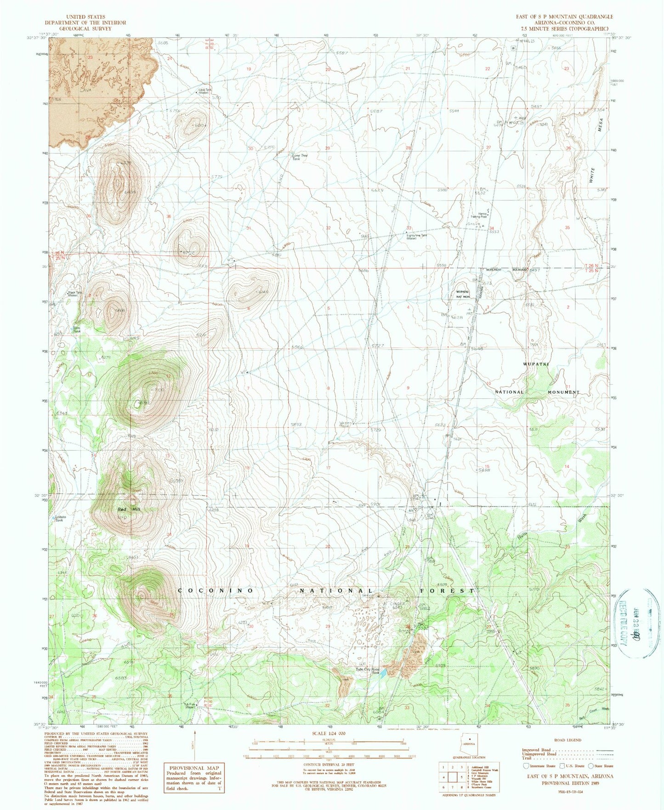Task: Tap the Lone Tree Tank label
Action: click(300, 157)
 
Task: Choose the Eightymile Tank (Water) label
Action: click(417, 237)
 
